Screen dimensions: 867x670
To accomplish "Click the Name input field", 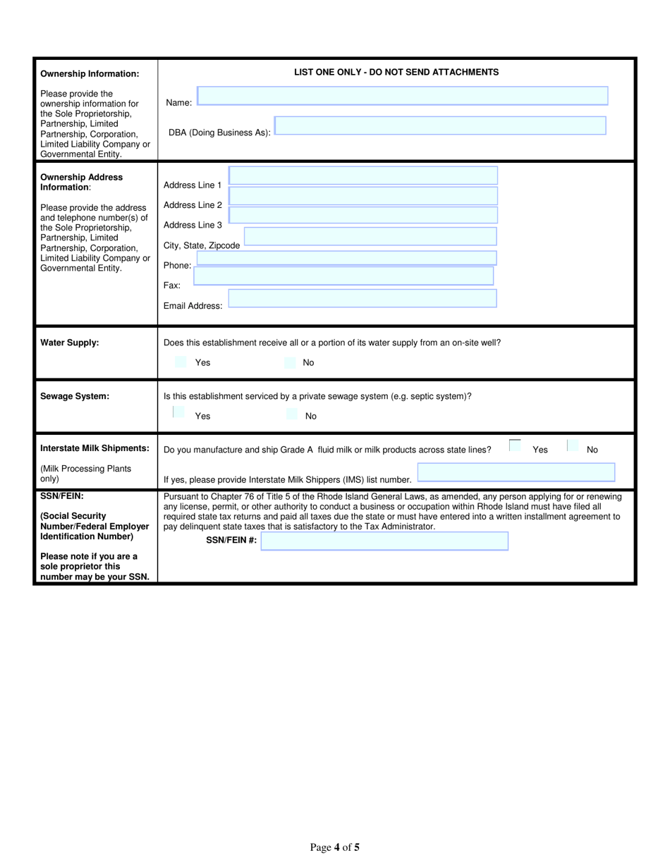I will (x=402, y=96).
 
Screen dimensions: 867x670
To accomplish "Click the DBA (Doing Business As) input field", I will (x=439, y=125).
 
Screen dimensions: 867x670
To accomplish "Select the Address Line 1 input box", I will (x=363, y=176).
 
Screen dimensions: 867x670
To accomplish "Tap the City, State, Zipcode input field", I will (x=370, y=236).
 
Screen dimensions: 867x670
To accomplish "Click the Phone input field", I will (x=346, y=258).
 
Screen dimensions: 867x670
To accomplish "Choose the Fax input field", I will (x=343, y=276).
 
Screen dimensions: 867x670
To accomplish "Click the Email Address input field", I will (x=363, y=298).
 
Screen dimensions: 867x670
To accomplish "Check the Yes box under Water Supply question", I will (x=181, y=362).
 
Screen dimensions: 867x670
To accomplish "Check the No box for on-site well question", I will (x=290, y=362).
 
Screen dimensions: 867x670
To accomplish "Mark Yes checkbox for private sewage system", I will (x=179, y=412).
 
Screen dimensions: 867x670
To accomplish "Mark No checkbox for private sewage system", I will (x=292, y=414).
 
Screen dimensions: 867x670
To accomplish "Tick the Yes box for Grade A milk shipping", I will (x=516, y=445).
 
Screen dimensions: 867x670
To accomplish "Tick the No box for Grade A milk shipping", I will (x=573, y=445).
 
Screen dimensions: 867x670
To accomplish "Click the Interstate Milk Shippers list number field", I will (x=516, y=472).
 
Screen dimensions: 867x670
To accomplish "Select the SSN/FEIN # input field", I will (x=384, y=541).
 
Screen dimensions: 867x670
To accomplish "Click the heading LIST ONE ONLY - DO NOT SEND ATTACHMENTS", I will (x=396, y=72).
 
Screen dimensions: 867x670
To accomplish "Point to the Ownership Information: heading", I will (x=90, y=74).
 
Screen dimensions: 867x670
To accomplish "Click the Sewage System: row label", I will (x=75, y=396).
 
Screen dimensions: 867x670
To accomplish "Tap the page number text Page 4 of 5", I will (x=335, y=847).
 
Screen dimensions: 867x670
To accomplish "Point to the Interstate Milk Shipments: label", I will (x=95, y=448).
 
